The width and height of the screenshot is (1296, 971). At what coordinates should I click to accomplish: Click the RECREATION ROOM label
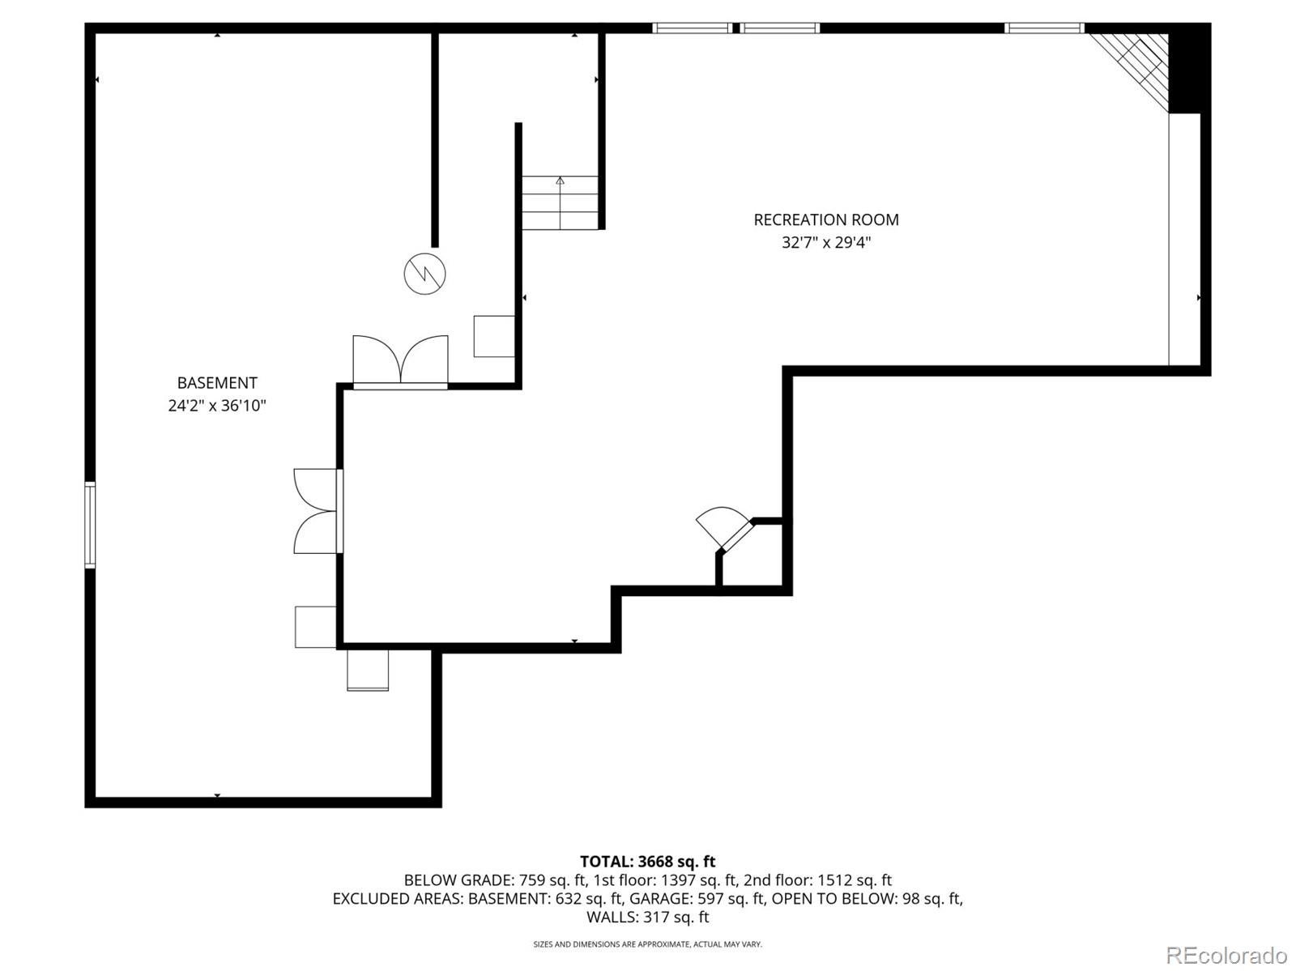[825, 219]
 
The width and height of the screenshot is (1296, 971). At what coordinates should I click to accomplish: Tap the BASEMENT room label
[217, 383]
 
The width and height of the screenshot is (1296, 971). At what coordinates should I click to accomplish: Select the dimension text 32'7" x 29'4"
[825, 242]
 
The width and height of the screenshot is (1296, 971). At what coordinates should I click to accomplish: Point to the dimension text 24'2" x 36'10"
[217, 406]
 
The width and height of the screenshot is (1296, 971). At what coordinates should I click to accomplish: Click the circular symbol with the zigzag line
[425, 273]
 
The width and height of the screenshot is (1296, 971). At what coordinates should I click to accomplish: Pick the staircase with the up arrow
[560, 202]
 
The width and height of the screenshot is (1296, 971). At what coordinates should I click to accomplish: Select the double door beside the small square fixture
[400, 361]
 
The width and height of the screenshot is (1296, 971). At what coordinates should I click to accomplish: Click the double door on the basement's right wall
[317, 511]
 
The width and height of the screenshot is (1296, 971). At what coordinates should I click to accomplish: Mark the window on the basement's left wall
[90, 524]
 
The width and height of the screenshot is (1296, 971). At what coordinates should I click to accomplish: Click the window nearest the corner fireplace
[1043, 28]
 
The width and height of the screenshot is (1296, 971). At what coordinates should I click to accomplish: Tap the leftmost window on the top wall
[692, 28]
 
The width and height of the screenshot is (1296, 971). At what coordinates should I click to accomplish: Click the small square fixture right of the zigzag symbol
[493, 336]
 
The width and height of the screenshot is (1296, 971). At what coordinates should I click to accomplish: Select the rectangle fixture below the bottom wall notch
[368, 671]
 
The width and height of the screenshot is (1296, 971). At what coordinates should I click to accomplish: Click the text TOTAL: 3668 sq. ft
[647, 862]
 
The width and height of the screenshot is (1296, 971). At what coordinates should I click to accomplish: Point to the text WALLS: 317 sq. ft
[647, 918]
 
